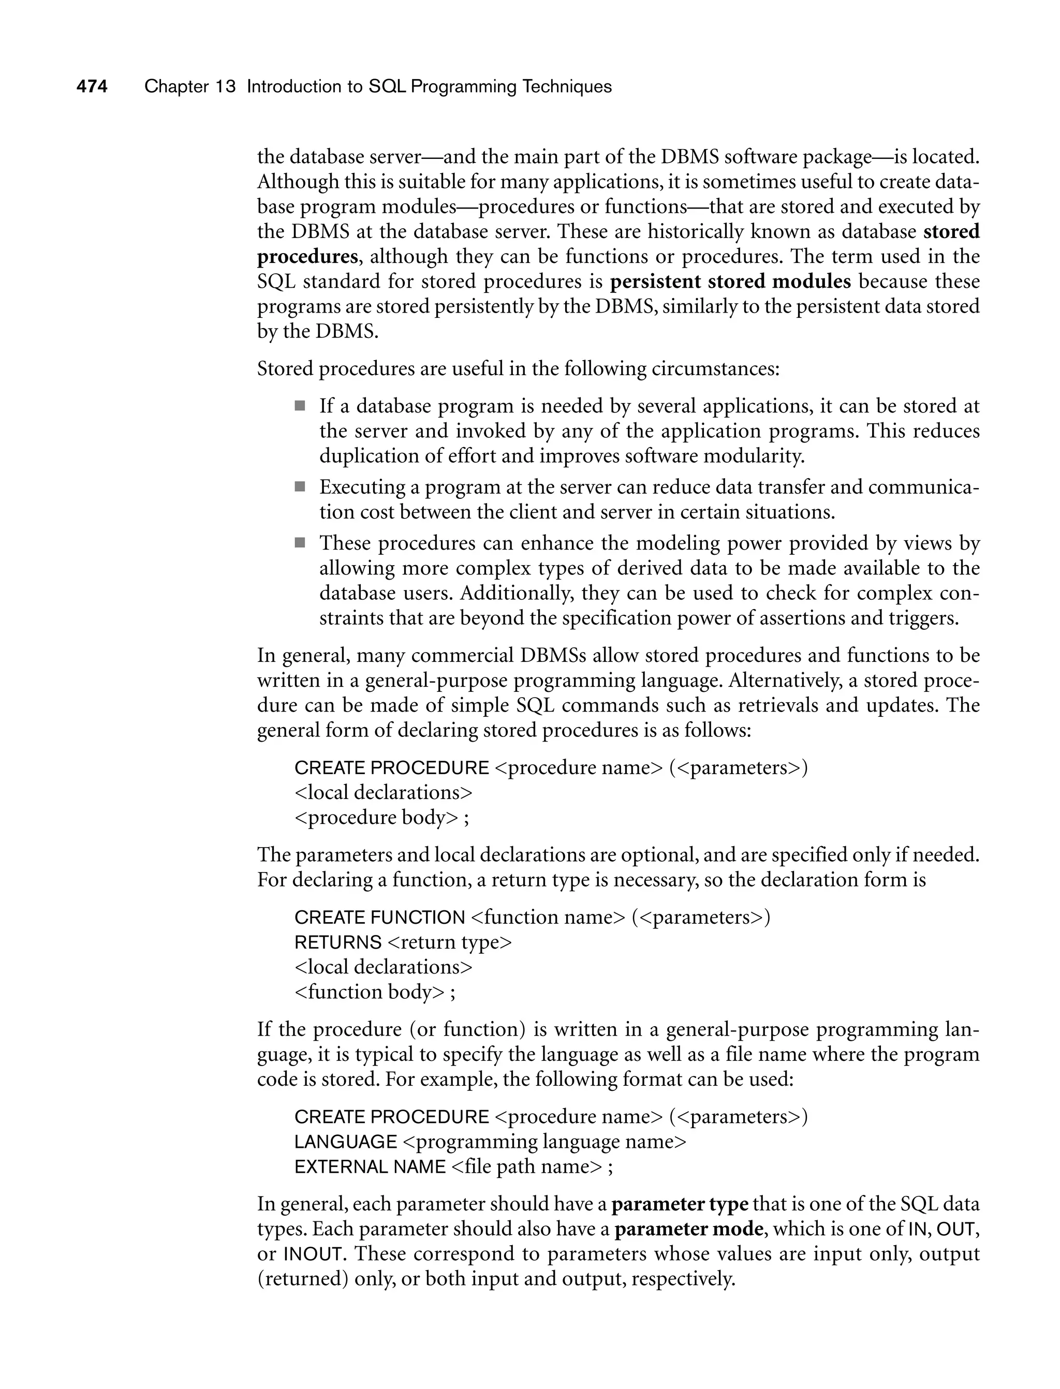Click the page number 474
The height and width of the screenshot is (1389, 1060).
[92, 86]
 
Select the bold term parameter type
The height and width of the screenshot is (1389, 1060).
[680, 1204]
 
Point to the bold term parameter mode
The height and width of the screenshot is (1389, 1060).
[688, 1229]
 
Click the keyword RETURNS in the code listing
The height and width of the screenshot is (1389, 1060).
[337, 942]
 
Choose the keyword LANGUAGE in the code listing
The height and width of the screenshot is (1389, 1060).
[345, 1142]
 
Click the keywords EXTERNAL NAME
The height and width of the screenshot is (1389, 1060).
[370, 1167]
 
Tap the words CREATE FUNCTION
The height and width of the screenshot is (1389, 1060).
[379, 917]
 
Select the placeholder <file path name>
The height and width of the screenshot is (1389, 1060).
[527, 1167]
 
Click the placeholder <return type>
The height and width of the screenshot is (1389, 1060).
[449, 942]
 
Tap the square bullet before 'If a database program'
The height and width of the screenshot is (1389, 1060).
[300, 406]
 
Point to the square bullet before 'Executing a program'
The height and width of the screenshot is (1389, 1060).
[300, 486]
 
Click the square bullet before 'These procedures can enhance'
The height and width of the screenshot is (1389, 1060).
[300, 542]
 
